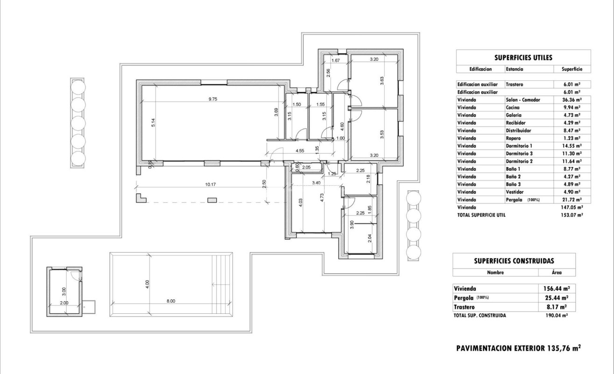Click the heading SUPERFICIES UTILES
tap(523, 58)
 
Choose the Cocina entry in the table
tap(513, 107)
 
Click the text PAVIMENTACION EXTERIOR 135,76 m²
tap(518, 347)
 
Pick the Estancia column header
tap(514, 69)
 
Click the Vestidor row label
tap(514, 192)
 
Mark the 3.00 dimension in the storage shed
tap(64, 292)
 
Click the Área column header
tap(557, 273)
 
